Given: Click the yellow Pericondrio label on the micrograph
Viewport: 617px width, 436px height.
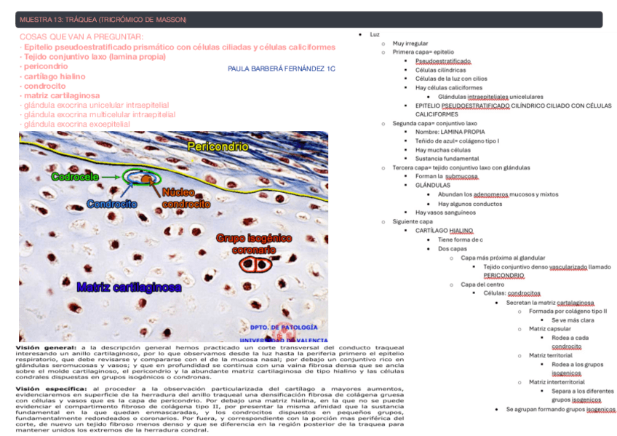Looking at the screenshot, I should (x=218, y=147).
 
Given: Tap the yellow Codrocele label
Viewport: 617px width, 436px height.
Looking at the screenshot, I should (x=75, y=177).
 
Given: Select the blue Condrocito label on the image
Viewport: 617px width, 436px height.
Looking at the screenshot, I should (x=112, y=204).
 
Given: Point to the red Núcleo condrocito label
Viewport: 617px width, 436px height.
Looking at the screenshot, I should (x=186, y=198).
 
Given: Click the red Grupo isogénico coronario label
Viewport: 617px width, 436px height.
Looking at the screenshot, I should (x=254, y=244).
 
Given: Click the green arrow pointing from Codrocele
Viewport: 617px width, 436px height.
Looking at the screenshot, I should (x=111, y=176).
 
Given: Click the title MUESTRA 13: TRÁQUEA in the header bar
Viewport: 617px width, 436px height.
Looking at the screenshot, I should (x=103, y=19).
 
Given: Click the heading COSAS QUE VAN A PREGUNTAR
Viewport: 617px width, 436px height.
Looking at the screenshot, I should (x=81, y=36).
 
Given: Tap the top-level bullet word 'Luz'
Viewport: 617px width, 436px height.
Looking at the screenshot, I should (x=374, y=34).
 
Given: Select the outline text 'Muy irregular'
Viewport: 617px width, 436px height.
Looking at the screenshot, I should (x=410, y=44).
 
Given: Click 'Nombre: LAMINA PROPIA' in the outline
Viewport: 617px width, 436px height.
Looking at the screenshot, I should (x=450, y=132).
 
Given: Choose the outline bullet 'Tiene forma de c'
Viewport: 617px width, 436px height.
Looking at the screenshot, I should (x=461, y=239).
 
